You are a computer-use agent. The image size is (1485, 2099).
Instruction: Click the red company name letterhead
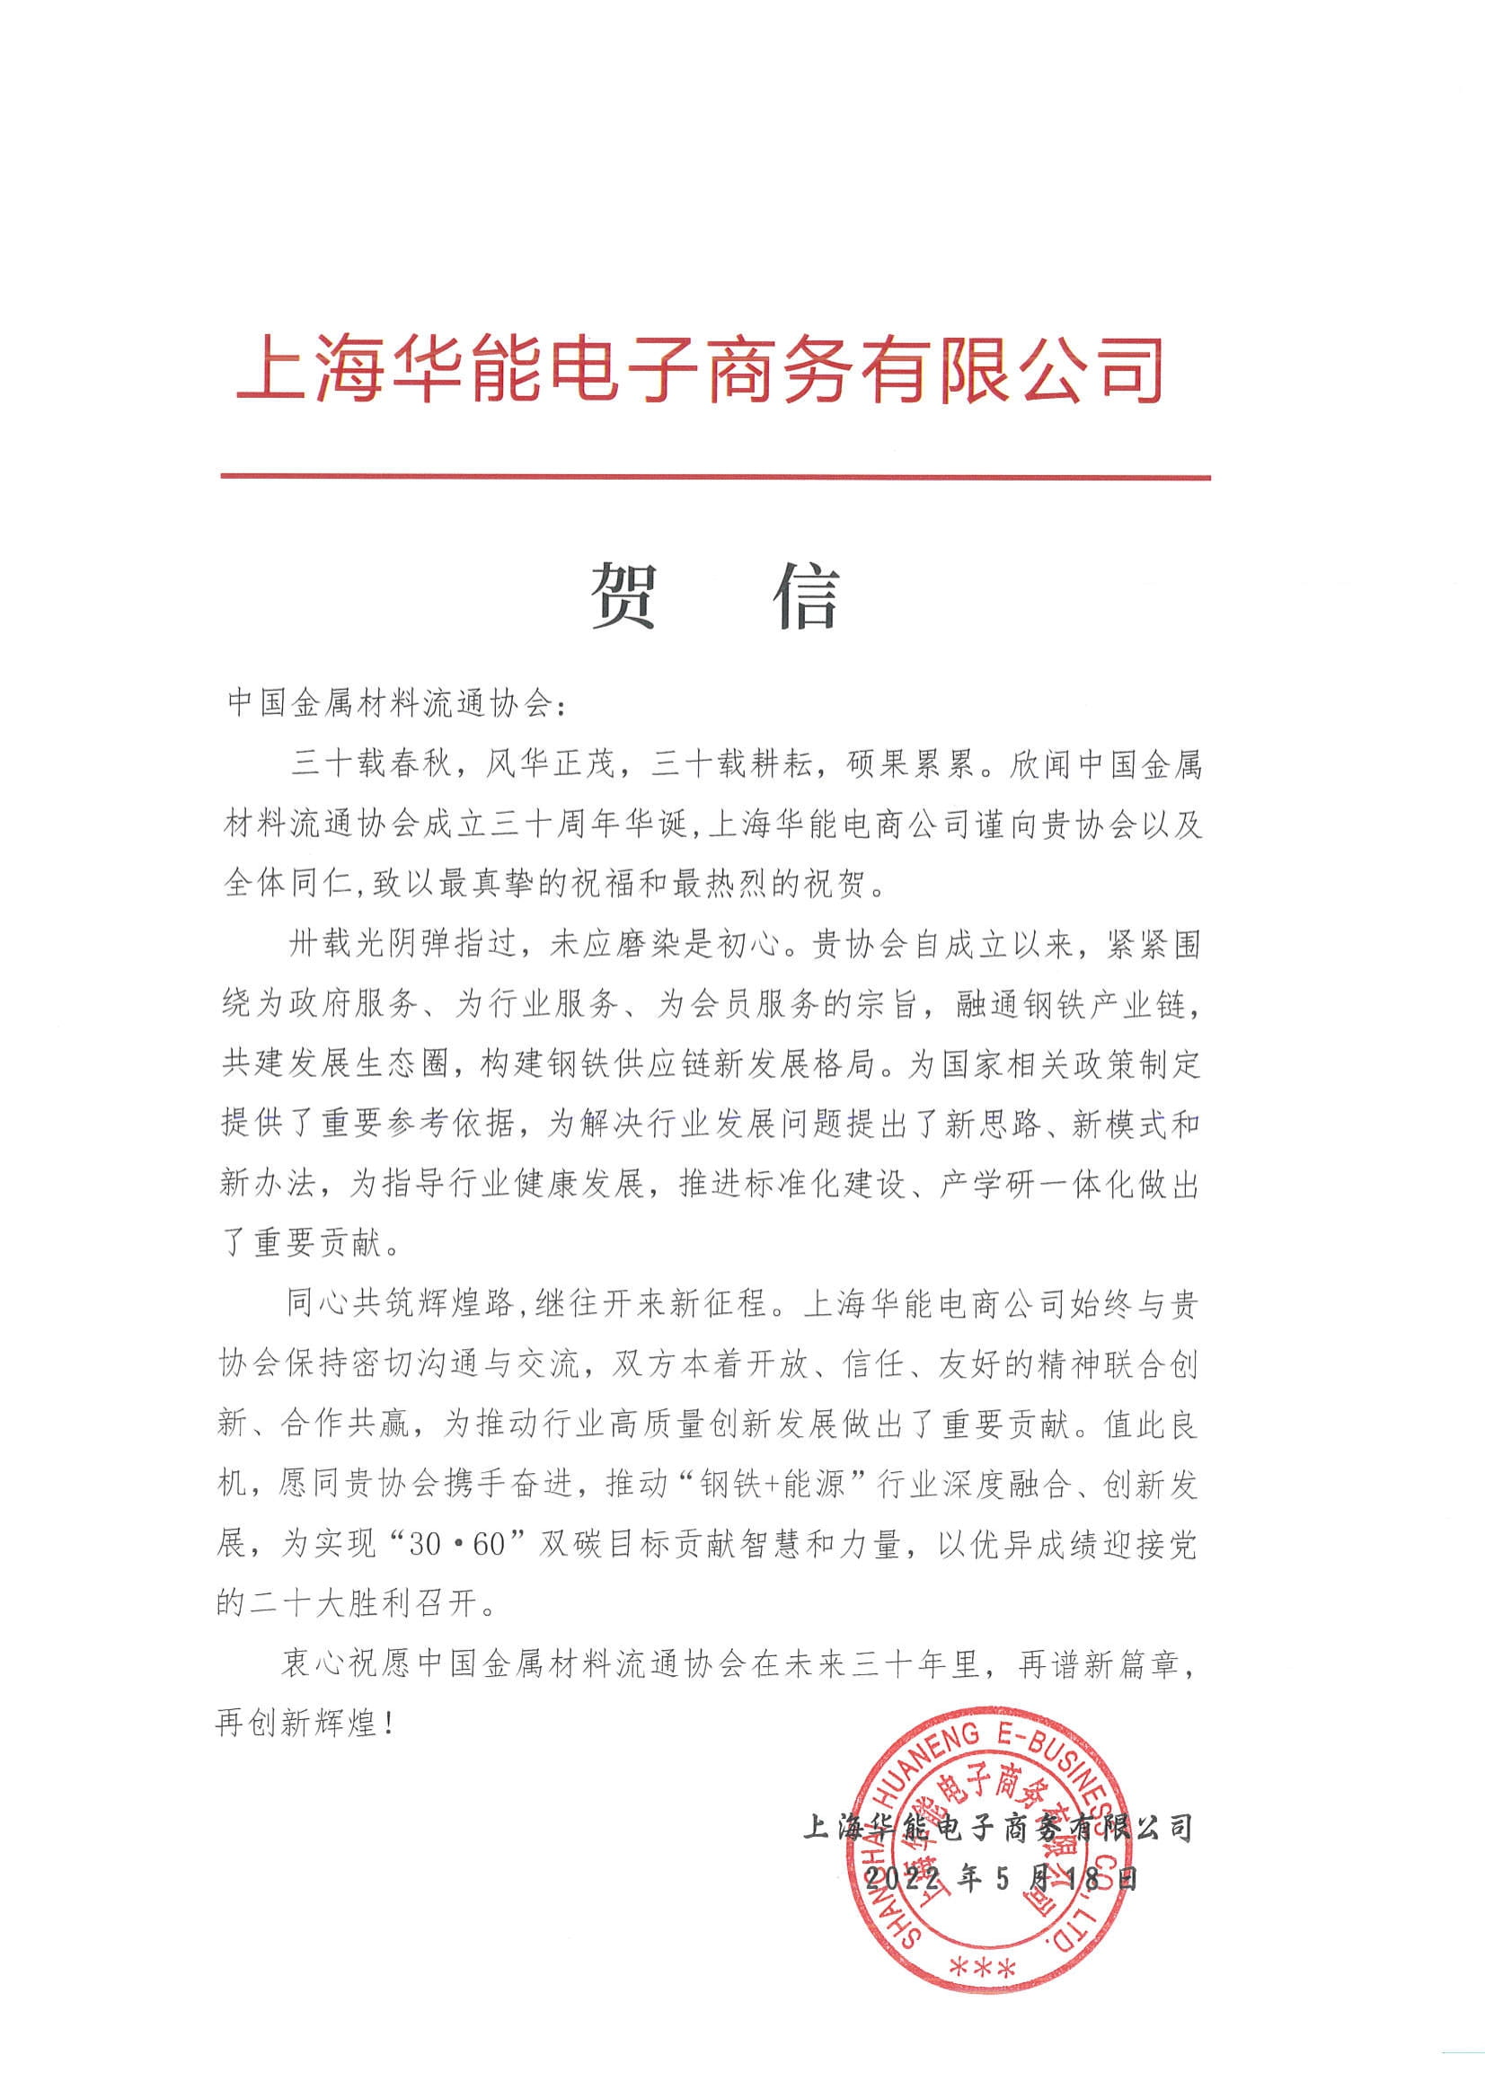pos(700,369)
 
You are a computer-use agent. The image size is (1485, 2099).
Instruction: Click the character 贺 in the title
pos(623,596)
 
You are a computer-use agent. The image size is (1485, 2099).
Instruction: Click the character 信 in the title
pos(808,596)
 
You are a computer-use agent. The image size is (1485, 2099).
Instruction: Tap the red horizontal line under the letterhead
pos(715,477)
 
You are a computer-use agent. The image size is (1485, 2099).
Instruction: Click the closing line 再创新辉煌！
pos(307,1724)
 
